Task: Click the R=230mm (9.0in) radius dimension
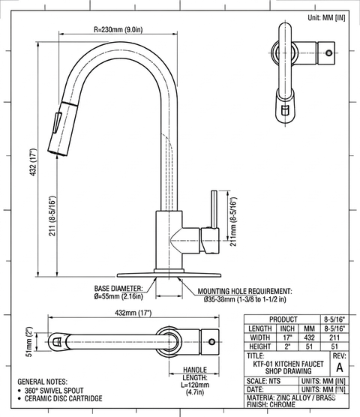118,29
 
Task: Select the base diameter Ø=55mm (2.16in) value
118,296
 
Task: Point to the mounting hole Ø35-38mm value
244,299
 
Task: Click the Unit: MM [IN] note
326,18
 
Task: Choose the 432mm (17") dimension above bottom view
133,313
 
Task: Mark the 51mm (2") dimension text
29,342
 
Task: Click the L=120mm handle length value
196,385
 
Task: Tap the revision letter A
340,367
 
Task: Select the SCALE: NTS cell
263,381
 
